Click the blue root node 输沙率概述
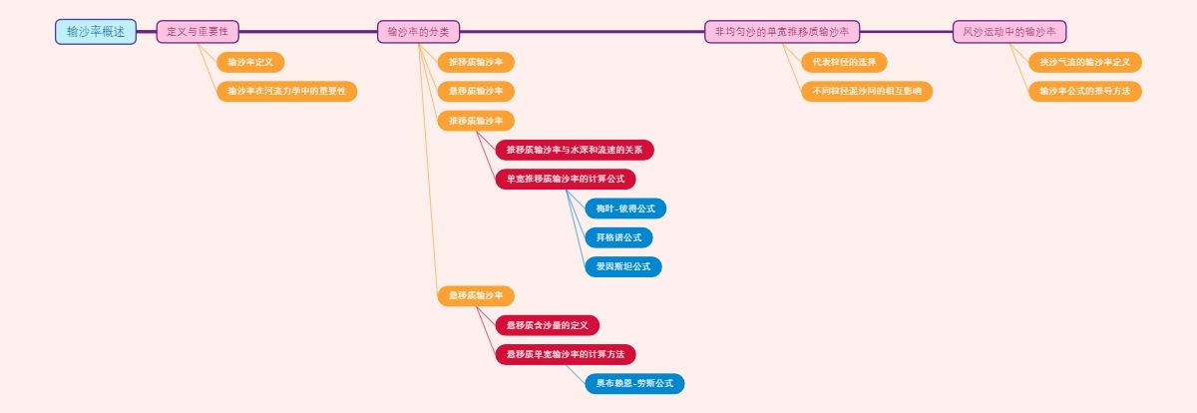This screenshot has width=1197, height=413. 96,32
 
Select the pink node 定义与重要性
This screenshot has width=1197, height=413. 198,32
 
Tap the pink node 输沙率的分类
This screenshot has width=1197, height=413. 418,32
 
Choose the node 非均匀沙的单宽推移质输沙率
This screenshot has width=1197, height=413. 782,32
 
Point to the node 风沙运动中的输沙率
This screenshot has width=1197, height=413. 1009,32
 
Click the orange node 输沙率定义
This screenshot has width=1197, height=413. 250,62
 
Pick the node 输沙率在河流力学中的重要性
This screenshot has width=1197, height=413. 286,91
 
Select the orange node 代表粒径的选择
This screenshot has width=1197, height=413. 844,62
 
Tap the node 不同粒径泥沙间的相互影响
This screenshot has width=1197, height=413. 867,91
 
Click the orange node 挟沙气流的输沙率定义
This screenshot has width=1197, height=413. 1085,62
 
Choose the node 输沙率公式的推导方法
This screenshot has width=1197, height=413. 1085,91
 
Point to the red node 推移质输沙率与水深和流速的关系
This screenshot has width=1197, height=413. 575,150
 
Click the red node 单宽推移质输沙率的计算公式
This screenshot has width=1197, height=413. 566,179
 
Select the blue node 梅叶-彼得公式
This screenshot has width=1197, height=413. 625,208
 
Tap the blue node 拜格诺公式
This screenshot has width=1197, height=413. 618,237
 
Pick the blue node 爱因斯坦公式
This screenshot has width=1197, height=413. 623,266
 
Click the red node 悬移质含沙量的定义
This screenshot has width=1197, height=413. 548,325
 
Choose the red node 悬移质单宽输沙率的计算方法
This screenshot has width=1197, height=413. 566,354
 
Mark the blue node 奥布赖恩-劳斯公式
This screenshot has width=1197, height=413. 634,383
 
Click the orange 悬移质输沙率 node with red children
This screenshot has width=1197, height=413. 476,295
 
